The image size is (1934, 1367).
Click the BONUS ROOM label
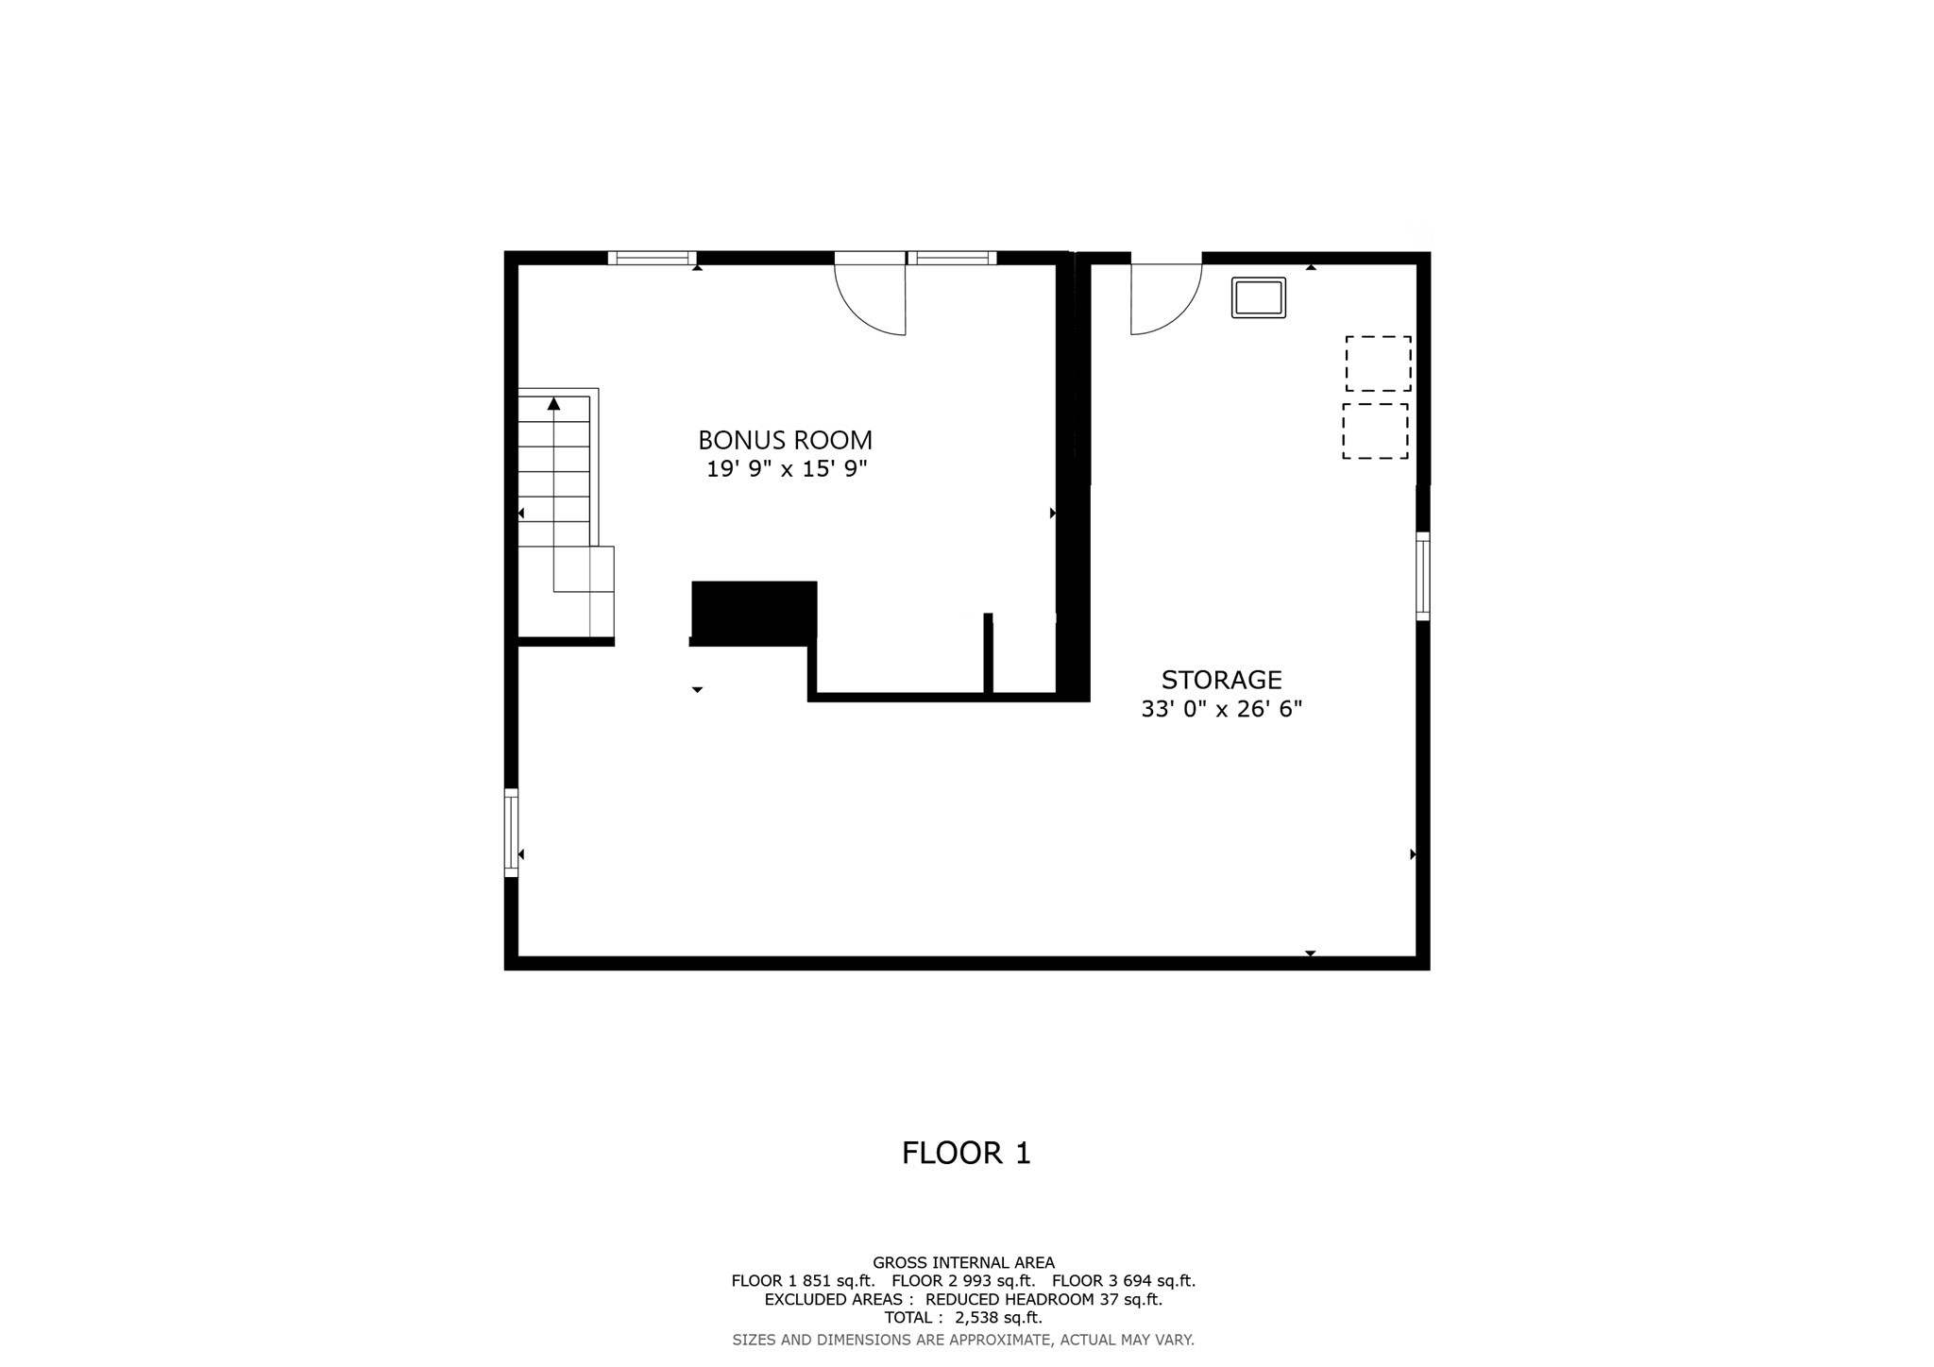pyautogui.click(x=785, y=440)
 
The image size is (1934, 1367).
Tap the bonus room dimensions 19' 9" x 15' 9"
pyautogui.click(x=787, y=469)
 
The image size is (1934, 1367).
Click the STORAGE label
pyautogui.click(x=1221, y=680)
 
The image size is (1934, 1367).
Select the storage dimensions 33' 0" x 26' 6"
pyautogui.click(x=1221, y=709)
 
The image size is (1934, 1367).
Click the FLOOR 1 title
pyautogui.click(x=965, y=1153)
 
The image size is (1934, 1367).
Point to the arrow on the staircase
pyautogui.click(x=554, y=404)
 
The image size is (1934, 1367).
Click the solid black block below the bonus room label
pyautogui.click(x=754, y=611)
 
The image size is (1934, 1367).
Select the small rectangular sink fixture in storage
pyautogui.click(x=1258, y=297)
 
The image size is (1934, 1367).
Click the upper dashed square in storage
pyautogui.click(x=1378, y=363)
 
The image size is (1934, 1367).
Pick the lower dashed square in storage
pyautogui.click(x=1375, y=431)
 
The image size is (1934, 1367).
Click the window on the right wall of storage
pyautogui.click(x=1422, y=576)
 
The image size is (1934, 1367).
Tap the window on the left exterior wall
pyautogui.click(x=511, y=833)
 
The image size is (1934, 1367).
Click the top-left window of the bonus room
pyautogui.click(x=652, y=258)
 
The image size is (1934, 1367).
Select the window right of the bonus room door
pyautogui.click(x=952, y=258)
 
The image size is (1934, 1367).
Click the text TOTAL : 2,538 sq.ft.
pyautogui.click(x=963, y=1318)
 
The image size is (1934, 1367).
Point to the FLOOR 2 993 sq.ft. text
pyautogui.click(x=963, y=1281)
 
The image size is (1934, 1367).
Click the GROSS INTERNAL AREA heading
pyautogui.click(x=963, y=1262)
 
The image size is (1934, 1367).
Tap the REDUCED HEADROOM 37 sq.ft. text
pyautogui.click(x=1043, y=1299)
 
